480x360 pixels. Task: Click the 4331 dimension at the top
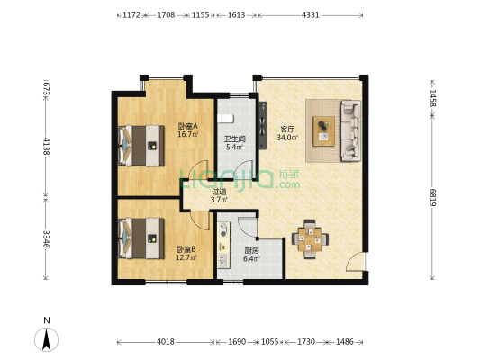tap(311, 15)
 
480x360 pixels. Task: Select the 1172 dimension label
tap(131, 15)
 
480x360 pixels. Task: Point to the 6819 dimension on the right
tap(432, 197)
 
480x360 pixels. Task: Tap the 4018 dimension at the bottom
tap(166, 342)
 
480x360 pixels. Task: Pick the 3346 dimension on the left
tap(46, 238)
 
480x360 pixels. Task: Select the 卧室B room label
tap(186, 249)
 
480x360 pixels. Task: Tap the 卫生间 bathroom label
tap(235, 139)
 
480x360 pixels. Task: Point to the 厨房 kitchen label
tap(251, 251)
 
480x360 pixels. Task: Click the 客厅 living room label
tap(287, 130)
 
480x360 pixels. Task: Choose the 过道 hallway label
tap(219, 192)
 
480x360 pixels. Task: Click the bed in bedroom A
tap(141, 146)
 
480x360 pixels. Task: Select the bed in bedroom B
tap(141, 238)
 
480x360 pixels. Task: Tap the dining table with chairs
tap(310, 239)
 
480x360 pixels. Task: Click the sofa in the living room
tap(351, 130)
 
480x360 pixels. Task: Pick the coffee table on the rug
tap(324, 131)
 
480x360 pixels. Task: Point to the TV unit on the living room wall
tap(263, 125)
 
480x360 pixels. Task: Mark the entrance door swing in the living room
tap(356, 262)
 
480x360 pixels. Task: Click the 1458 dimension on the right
tap(432, 98)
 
